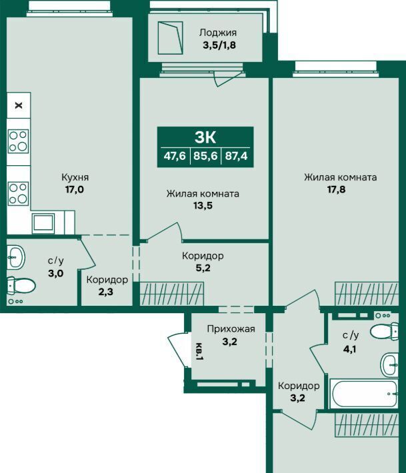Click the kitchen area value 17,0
point(75,189)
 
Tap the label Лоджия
point(217,33)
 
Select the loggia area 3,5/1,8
point(219,45)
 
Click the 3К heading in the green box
point(205,137)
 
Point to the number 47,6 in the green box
point(175,156)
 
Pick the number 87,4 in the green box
point(237,156)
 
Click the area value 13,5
point(203,205)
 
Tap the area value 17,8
point(336,189)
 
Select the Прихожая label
point(231,329)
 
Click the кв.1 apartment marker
point(199,352)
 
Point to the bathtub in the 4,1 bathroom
point(364,394)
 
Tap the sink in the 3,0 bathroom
point(15,258)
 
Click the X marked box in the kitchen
point(19,105)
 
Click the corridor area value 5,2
point(203,268)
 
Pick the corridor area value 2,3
point(106,292)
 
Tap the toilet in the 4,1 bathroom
point(385,331)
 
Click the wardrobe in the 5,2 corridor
point(172,294)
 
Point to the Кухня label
point(75,177)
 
